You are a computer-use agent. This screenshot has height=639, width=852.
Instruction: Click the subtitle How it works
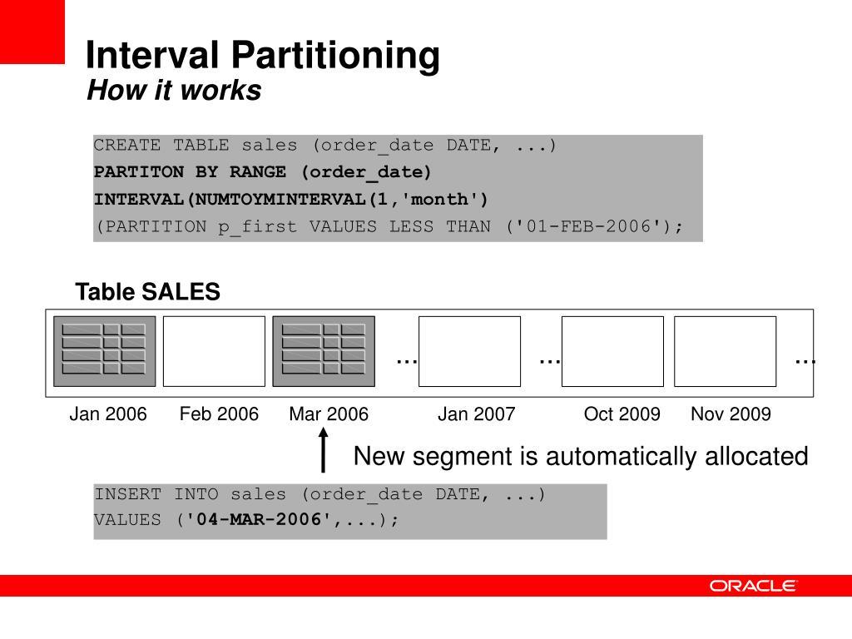pos(174,91)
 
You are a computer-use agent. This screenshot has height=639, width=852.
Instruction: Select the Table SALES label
pos(147,293)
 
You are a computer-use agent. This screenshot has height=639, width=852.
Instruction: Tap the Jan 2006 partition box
pos(105,351)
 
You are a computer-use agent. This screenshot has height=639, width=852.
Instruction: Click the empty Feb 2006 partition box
pos(214,351)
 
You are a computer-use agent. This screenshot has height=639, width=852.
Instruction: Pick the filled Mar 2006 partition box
pos(324,351)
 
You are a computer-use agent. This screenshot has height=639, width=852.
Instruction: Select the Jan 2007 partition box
pos(469,351)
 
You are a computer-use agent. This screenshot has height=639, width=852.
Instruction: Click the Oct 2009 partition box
pos(612,351)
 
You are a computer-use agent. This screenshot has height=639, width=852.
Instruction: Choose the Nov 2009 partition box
pos(725,351)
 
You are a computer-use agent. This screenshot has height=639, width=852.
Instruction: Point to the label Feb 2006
pos(219,414)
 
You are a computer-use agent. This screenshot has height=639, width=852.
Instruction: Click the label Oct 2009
pos(622,414)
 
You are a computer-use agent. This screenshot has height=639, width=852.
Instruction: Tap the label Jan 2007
pos(477,414)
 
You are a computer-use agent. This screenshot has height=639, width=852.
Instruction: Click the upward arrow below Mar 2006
pos(323,452)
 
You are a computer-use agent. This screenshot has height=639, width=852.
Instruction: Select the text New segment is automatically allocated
pos(581,456)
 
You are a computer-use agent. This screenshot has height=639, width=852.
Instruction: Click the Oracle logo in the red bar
pos(753,586)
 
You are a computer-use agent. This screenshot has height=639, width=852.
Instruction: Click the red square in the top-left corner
pos(32,31)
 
